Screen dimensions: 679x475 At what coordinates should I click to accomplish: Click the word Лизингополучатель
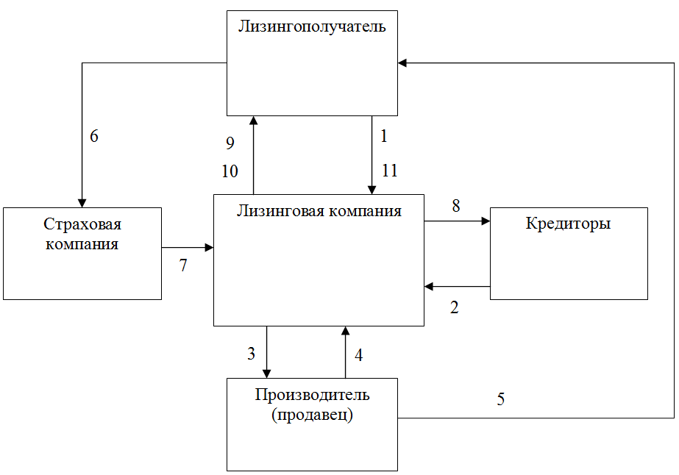312,27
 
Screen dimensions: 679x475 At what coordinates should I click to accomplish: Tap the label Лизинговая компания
319,211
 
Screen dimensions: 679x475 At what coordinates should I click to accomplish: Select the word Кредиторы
568,224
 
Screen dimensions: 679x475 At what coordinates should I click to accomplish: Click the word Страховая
82,224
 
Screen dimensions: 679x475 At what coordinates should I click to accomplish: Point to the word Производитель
312,395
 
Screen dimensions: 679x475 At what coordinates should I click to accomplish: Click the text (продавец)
312,415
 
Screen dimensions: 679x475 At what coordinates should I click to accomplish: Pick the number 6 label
94,136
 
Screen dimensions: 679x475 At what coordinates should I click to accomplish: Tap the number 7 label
183,265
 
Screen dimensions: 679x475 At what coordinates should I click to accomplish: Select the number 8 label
456,206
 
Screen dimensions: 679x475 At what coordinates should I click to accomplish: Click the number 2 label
454,307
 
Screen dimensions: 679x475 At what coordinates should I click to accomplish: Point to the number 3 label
251,354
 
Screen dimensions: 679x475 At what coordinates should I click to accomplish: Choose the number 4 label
358,355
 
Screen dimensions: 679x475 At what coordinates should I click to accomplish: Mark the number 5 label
500,399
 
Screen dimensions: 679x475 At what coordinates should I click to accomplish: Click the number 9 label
230,143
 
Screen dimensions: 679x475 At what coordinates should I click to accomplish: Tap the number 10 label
230,171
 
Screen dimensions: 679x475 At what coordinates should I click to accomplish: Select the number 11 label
389,170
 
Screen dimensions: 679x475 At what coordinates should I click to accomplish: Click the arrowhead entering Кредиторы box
486,221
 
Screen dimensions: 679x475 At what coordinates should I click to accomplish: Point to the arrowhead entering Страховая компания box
82,203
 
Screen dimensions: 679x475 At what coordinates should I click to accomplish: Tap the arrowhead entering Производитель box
267,374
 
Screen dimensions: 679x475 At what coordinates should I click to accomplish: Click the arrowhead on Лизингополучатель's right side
402,63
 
